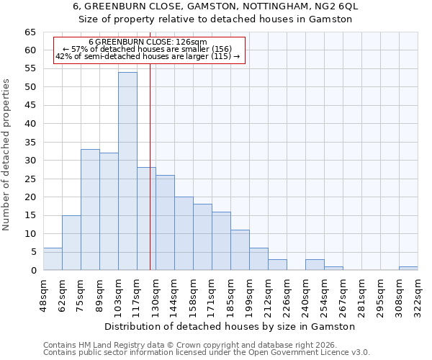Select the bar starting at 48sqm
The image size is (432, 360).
tap(53, 259)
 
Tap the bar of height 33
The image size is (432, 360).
tap(90, 210)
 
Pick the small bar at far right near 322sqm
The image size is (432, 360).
tap(408, 268)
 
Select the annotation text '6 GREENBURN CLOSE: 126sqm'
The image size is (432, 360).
tap(148, 42)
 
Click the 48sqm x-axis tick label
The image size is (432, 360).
tap(43, 294)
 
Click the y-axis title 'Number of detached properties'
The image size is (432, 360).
tap(7, 155)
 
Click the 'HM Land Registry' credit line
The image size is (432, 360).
tap(184, 345)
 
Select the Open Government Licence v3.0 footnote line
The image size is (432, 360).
tap(207, 352)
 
